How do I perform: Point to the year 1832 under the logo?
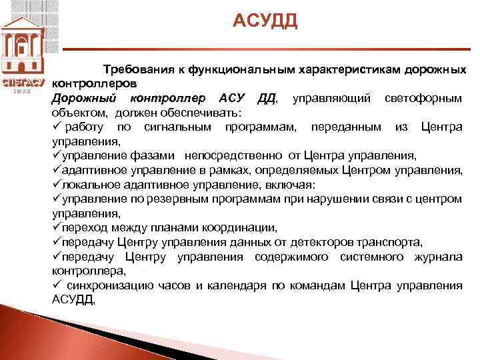(23, 91)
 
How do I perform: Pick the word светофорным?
(423, 99)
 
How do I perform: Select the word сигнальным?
(176, 127)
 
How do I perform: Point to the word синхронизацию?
(112, 285)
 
